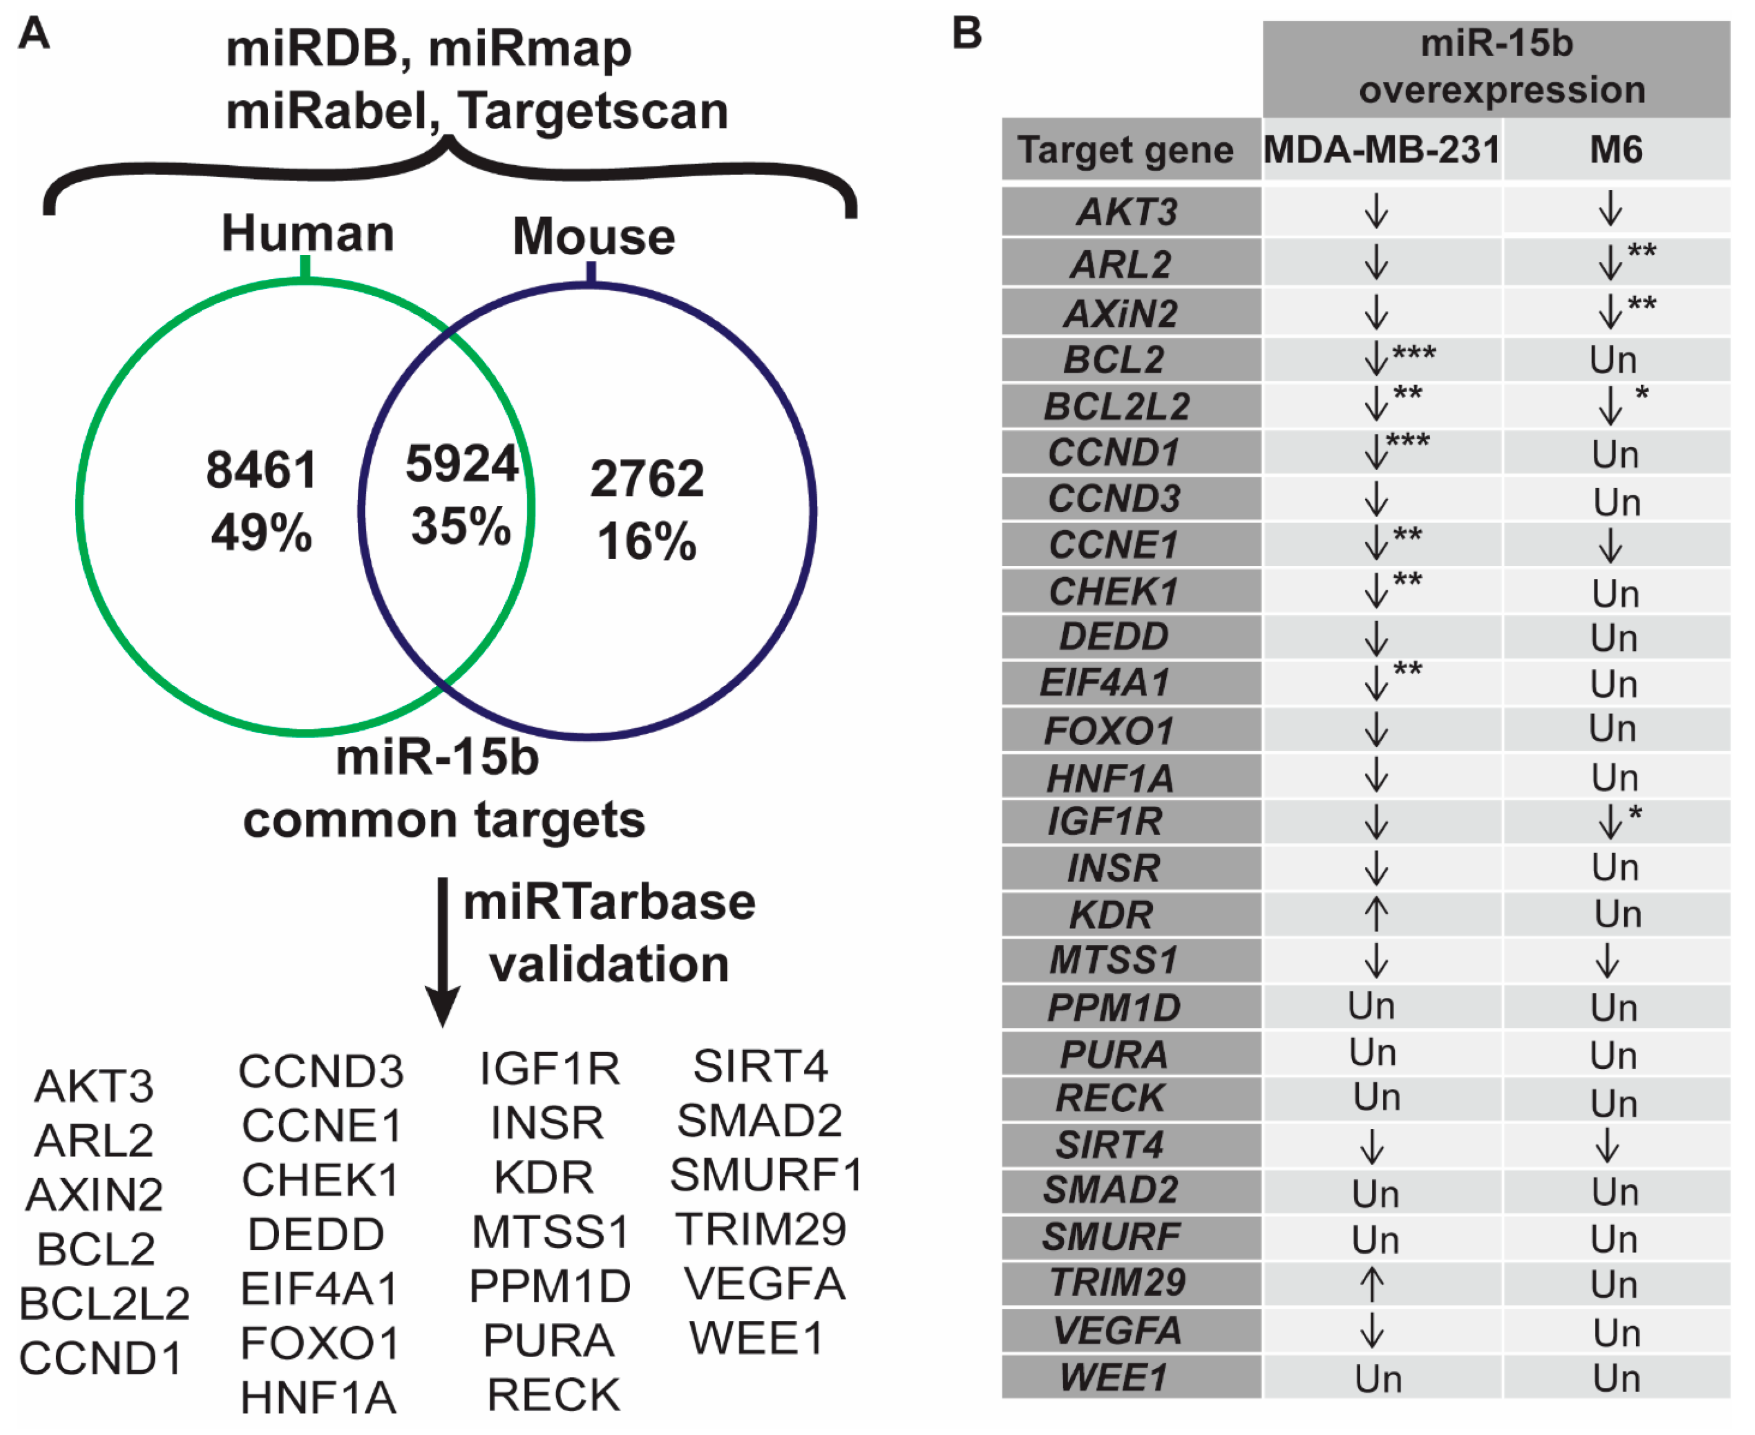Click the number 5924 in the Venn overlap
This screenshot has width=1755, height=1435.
coord(461,464)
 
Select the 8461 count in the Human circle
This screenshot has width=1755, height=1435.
coord(261,470)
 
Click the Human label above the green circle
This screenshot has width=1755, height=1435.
coord(307,234)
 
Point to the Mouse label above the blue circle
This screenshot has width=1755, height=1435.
coord(593,237)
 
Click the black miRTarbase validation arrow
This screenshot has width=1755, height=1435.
coord(443,951)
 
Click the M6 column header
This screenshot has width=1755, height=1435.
coord(1615,150)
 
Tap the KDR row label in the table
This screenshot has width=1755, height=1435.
coord(1111,915)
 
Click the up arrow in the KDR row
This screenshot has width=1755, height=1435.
coord(1376,914)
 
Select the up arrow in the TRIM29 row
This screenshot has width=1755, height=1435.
coord(1372,1285)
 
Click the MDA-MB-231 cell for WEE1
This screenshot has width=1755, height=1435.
coord(1378,1379)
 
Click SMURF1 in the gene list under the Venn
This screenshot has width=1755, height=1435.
coord(766,1175)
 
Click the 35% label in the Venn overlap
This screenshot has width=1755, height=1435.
coord(461,527)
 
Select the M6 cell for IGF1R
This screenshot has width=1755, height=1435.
coord(1615,822)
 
